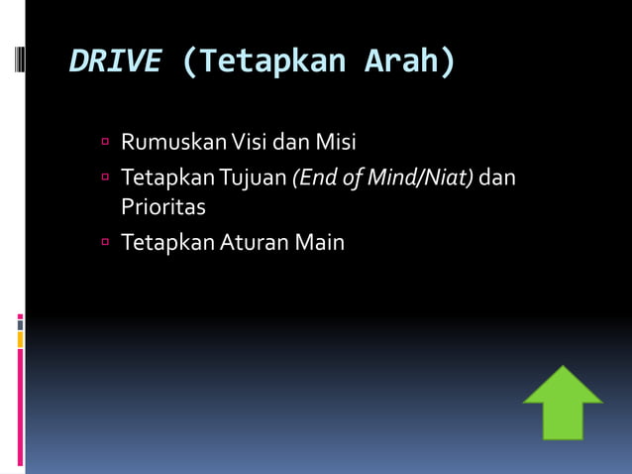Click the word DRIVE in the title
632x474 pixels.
coord(114,61)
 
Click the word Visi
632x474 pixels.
coord(250,143)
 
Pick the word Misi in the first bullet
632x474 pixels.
coord(336,143)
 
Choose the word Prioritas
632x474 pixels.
coord(163,207)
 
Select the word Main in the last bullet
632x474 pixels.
coord(317,241)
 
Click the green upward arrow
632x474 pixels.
coord(563,401)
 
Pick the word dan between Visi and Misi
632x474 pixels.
coord(292,143)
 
